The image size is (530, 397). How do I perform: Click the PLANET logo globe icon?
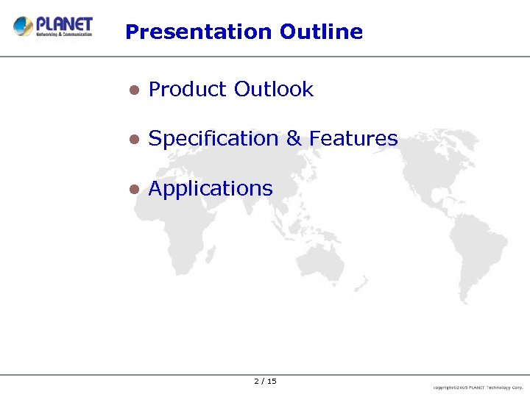tap(24, 26)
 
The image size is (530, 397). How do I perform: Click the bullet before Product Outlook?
tap(133, 90)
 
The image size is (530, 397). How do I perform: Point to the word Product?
tap(187, 90)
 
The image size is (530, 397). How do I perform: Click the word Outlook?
tap(273, 90)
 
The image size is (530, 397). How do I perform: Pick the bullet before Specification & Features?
tap(133, 139)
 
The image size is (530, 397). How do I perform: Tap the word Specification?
tap(213, 139)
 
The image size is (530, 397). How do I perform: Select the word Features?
tap(353, 139)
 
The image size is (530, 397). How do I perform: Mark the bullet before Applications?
tap(133, 189)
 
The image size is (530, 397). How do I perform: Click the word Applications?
tap(211, 189)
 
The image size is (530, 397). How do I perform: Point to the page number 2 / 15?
tap(265, 381)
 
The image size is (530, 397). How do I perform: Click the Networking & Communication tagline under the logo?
tap(65, 34)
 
